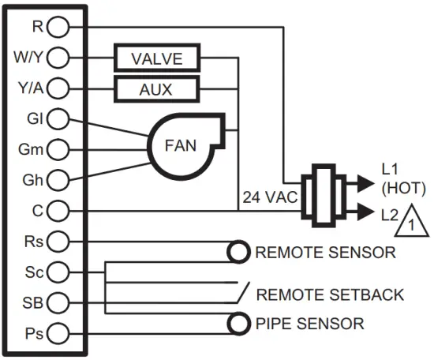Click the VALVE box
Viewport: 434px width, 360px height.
tap(156, 58)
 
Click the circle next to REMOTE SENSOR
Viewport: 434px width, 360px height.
tap(238, 253)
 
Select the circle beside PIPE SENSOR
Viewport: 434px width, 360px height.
tap(238, 323)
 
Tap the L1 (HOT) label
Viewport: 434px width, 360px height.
tap(402, 179)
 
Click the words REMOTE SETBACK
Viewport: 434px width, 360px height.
tap(331, 294)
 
